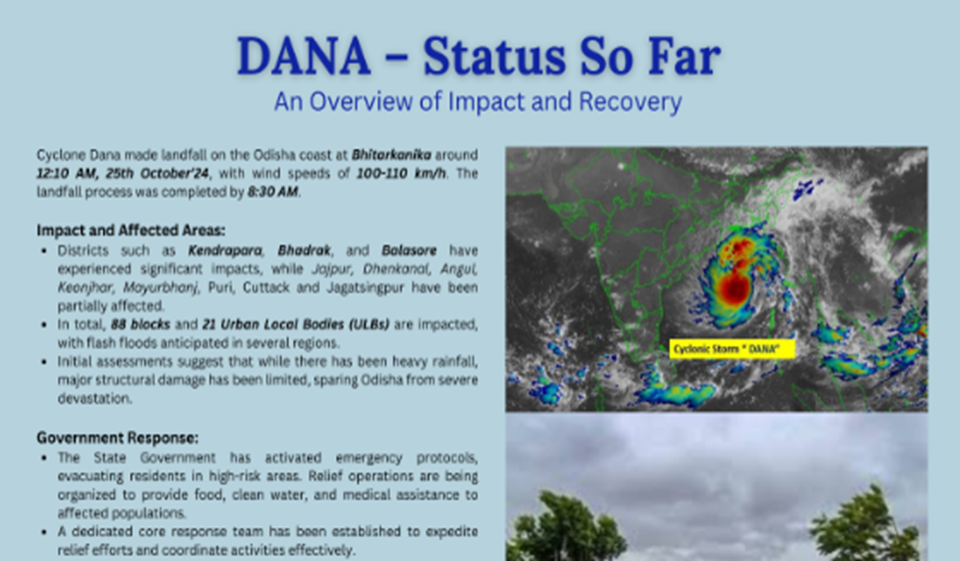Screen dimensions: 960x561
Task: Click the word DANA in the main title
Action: (x=304, y=56)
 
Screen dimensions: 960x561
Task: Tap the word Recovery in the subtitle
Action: (x=631, y=102)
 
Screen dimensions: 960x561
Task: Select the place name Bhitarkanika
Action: (x=391, y=155)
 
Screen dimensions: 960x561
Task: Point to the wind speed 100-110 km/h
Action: (x=401, y=173)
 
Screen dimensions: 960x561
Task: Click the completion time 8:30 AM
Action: (x=272, y=192)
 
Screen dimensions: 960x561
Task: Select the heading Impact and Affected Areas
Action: (x=131, y=230)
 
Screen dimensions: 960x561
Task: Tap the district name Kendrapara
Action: (x=225, y=251)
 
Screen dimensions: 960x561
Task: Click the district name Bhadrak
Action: (x=304, y=251)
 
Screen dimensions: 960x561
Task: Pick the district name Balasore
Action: (x=409, y=251)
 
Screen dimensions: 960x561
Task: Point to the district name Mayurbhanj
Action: (x=161, y=287)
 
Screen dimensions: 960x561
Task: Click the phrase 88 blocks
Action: (x=141, y=325)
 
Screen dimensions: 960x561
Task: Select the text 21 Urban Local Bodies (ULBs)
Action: (x=296, y=325)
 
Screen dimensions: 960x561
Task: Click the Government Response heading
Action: (x=118, y=438)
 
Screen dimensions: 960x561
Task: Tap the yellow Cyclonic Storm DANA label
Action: (x=732, y=349)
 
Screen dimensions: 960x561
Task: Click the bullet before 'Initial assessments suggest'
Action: (x=43, y=362)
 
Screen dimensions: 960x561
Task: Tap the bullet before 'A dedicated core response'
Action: (x=43, y=532)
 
